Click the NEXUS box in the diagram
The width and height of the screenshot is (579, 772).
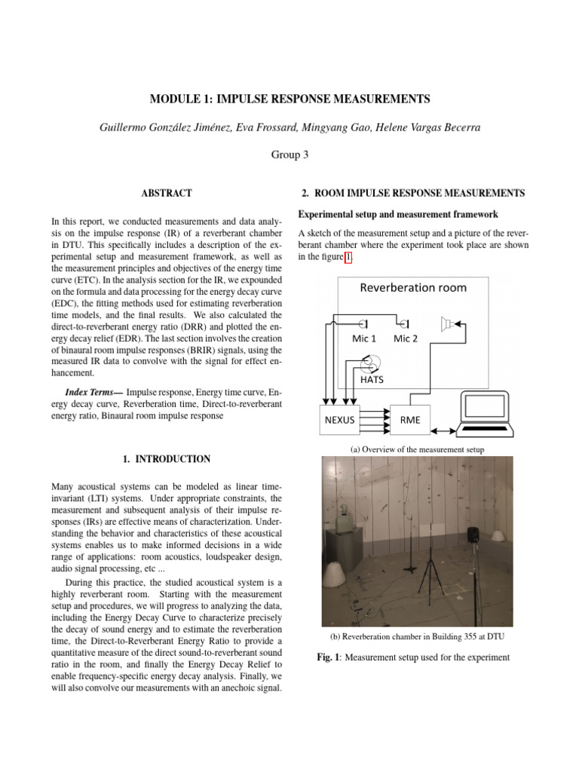[339, 420]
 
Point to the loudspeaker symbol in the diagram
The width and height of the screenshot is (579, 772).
[449, 324]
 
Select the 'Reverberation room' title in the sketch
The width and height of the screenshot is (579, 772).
[412, 287]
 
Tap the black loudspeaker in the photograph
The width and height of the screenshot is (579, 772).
[473, 535]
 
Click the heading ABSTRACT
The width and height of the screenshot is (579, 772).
[167, 194]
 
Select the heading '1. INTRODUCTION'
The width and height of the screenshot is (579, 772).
[166, 459]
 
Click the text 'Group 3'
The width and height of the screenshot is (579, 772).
[289, 155]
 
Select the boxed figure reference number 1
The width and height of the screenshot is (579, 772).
[348, 257]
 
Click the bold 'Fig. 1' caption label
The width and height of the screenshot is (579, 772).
[327, 657]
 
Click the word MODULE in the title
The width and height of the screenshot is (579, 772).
[176, 99]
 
